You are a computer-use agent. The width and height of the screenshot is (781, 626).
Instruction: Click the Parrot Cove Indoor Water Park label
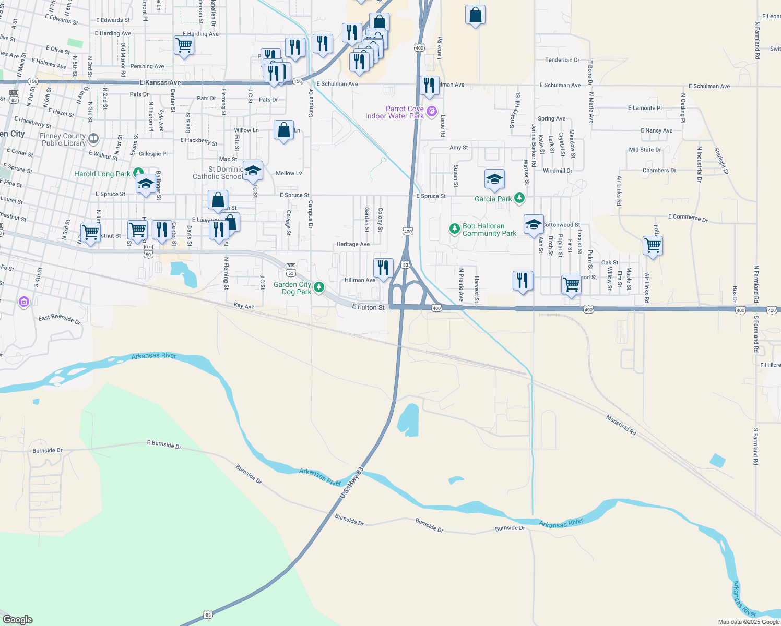click(395, 112)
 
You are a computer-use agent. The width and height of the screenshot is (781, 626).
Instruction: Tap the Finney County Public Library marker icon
click(93, 139)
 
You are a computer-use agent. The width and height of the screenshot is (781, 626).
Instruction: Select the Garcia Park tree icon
click(519, 198)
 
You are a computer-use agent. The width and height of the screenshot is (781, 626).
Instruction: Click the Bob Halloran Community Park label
click(489, 230)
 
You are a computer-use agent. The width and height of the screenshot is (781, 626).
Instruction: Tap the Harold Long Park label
click(102, 174)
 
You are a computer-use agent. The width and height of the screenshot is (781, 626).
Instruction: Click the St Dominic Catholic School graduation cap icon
click(253, 171)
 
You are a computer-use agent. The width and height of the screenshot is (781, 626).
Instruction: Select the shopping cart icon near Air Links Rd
click(653, 245)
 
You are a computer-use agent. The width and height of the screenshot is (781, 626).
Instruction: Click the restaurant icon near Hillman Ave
click(384, 268)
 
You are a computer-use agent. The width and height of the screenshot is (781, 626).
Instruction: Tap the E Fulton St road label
click(369, 307)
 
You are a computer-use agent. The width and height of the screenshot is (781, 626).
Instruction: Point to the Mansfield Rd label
click(621, 425)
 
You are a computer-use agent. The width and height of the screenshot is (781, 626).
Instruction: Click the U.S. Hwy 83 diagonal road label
click(351, 483)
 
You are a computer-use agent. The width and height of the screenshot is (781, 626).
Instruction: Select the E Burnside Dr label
click(164, 444)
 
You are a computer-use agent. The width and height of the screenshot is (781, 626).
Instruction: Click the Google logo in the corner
click(18, 619)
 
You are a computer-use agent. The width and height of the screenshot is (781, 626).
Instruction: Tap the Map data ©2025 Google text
click(749, 622)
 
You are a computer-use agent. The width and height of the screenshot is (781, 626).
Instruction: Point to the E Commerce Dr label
click(688, 218)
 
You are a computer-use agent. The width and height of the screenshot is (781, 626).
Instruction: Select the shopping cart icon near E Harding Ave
click(184, 45)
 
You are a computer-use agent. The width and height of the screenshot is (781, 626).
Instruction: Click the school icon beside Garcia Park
click(494, 179)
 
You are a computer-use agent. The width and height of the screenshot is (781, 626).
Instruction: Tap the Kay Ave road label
click(244, 306)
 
